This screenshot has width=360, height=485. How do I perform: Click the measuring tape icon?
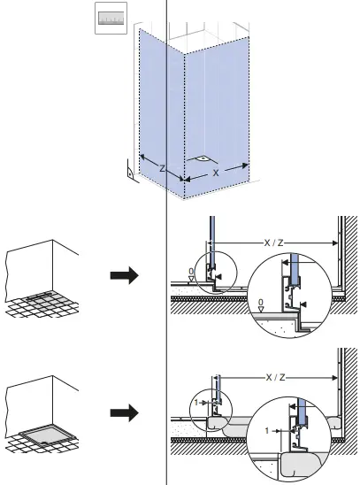pos(111,19)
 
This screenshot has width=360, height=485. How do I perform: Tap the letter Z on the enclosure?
pos(162,167)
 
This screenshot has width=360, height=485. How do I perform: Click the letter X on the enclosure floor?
pos(215,173)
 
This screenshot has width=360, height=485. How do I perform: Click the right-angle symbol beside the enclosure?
pos(130,172)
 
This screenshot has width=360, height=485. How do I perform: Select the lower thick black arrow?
pos(125,412)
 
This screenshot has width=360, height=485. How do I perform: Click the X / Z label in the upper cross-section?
pos(274,242)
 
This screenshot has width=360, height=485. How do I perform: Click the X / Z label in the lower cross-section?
pos(274,377)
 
